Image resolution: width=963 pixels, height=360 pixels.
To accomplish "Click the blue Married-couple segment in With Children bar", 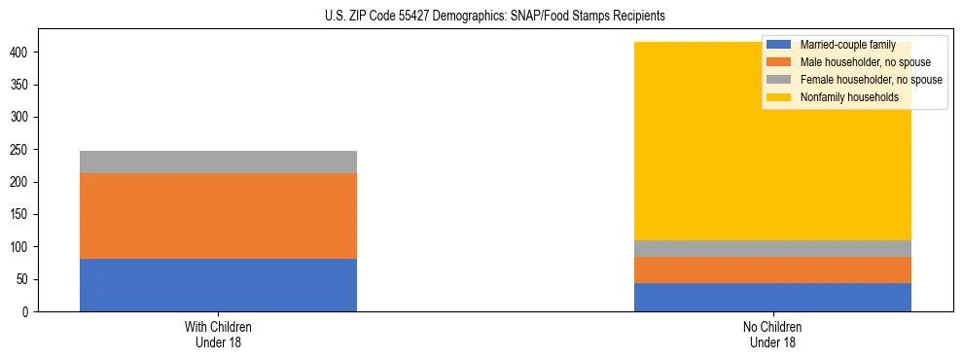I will click(218, 285).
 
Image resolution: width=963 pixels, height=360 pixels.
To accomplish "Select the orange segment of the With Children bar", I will click(218, 216).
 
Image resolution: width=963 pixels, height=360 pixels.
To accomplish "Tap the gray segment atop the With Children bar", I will click(218, 162).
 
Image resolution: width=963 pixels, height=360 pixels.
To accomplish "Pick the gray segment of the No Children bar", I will click(772, 248).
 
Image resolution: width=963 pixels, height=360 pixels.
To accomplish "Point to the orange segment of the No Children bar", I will click(772, 270).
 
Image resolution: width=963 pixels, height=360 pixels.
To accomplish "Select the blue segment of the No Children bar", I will click(772, 297).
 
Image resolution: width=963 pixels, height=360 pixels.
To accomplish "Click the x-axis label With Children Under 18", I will click(218, 335).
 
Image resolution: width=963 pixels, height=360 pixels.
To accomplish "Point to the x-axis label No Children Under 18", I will click(772, 335).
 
